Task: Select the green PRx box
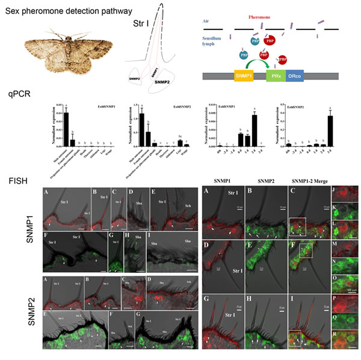276,76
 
